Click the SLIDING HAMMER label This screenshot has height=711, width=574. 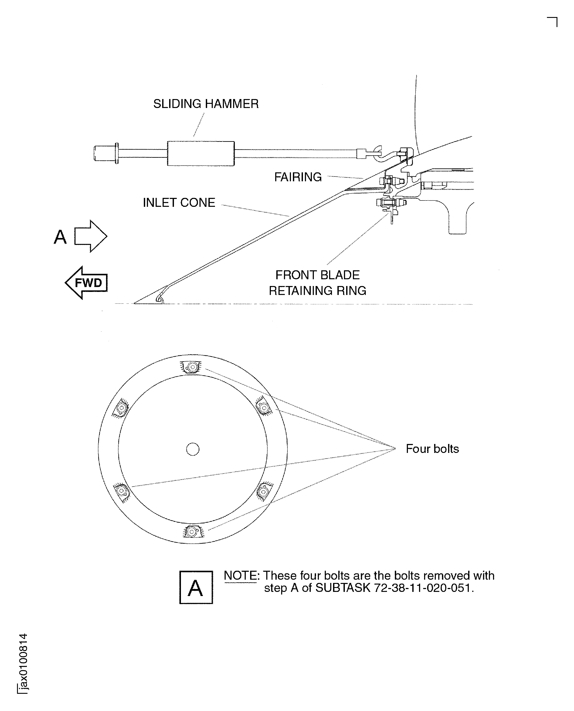pos(206,104)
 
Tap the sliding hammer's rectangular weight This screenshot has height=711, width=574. pos(201,154)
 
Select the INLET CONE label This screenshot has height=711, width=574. pos(179,203)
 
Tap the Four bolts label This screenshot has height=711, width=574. pos(432,449)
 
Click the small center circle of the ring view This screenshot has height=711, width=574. pos(193,449)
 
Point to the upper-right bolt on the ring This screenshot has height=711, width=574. pos(263,408)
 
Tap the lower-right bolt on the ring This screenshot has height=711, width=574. pos(263,492)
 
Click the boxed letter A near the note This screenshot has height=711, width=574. pos(196,587)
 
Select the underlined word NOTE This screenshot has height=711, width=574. pos(240,576)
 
